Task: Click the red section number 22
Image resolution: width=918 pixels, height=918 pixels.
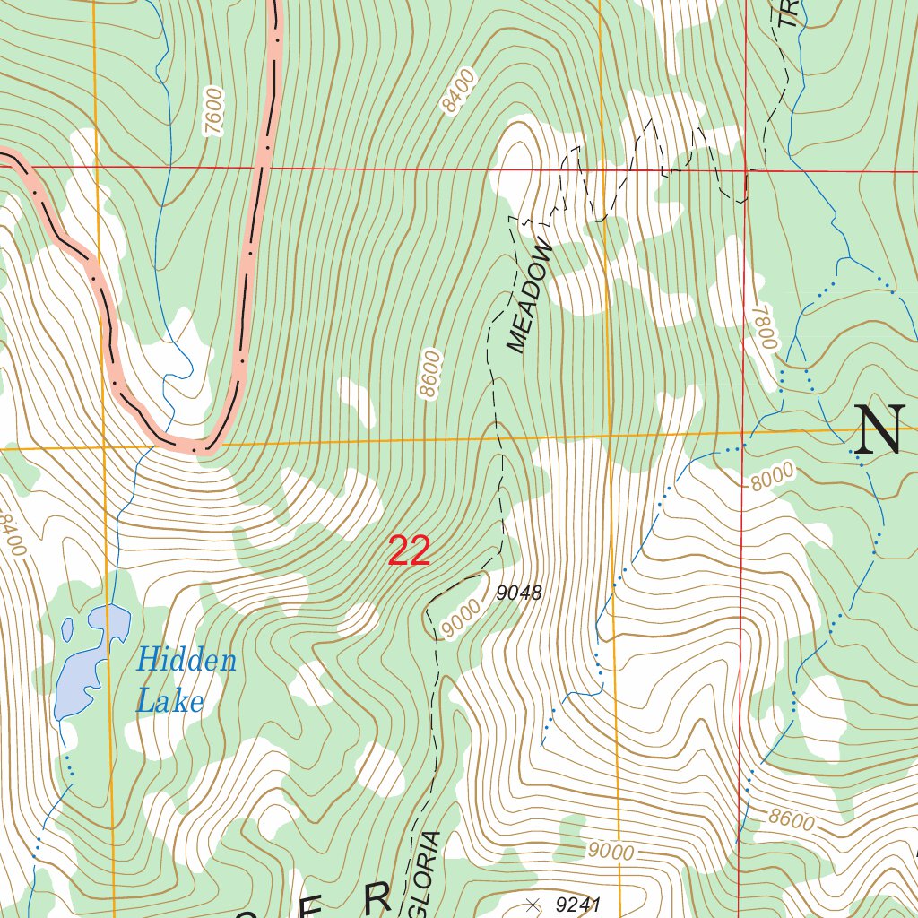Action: click(x=409, y=551)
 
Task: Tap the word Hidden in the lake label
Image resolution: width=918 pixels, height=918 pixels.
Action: click(x=186, y=662)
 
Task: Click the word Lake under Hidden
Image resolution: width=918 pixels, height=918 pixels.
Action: click(x=169, y=700)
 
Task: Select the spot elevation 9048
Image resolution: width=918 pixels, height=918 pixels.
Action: click(x=519, y=593)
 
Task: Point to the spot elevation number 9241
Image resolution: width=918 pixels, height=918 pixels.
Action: click(x=577, y=905)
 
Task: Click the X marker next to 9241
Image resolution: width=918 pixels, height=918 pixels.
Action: click(x=533, y=905)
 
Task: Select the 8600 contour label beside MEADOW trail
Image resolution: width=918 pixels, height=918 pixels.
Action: click(x=430, y=376)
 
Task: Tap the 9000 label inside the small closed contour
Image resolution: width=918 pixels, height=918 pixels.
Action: click(x=463, y=617)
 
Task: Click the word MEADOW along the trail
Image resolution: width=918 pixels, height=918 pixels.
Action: click(x=531, y=295)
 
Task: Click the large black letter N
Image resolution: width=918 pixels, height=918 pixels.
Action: click(x=878, y=430)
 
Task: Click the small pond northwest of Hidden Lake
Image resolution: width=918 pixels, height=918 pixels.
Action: click(x=67, y=628)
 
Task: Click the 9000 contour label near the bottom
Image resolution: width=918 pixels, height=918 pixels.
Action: click(x=611, y=851)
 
